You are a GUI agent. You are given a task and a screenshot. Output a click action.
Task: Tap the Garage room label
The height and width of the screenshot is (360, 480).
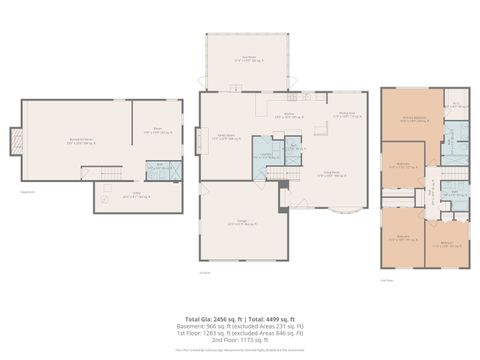[237, 224]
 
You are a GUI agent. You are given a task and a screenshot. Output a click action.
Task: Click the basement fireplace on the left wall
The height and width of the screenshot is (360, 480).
[15, 143]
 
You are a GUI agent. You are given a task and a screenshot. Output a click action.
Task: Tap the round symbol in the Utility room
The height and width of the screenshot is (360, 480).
[101, 200]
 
